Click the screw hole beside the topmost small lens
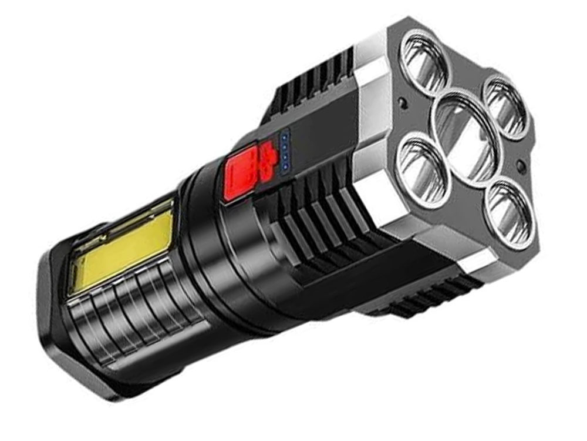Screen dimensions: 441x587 [402, 103]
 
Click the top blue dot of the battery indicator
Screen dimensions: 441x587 [284, 135]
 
